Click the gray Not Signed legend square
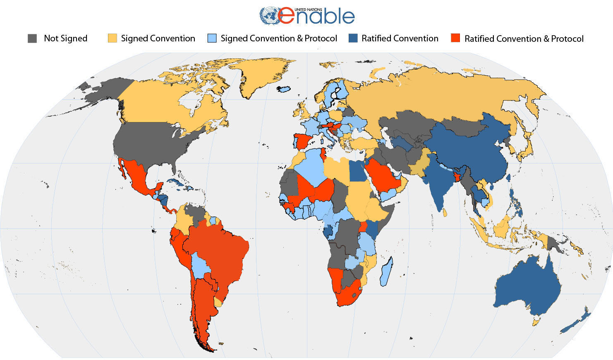(32, 38)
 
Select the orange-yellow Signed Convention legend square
(112, 38)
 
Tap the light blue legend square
(212, 38)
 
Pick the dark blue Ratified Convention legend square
(353, 38)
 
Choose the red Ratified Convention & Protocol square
(455, 38)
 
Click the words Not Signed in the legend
(65, 38)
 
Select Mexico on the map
(136, 176)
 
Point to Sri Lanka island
(445, 212)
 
